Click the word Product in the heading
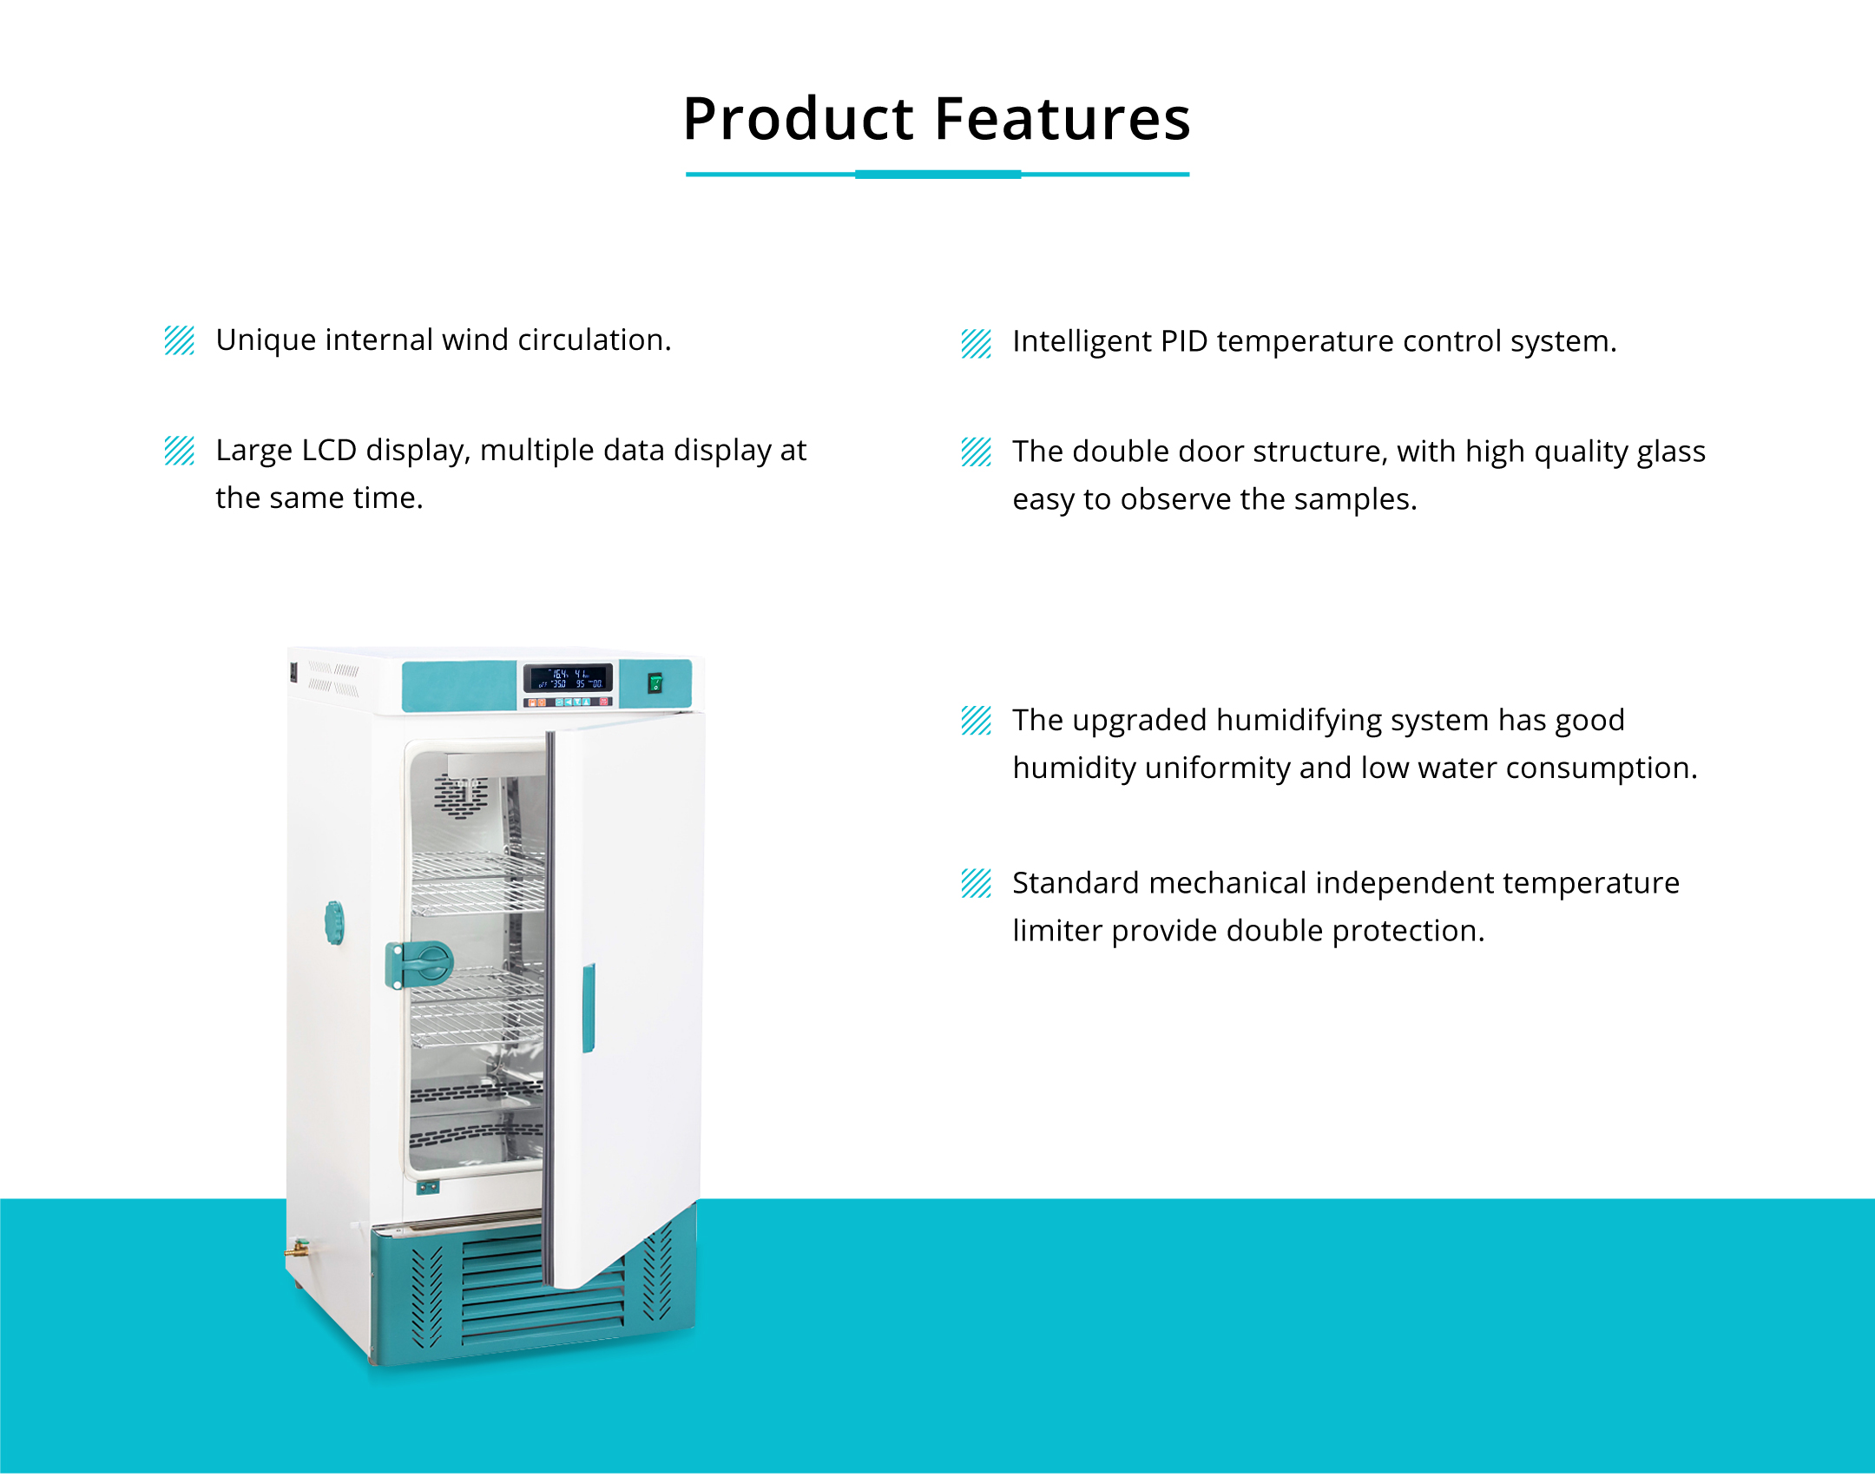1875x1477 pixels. [x=798, y=119]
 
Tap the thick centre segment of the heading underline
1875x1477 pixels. [x=937, y=175]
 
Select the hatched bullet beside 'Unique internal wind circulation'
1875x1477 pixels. [x=180, y=340]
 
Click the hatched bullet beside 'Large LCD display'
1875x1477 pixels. [x=180, y=451]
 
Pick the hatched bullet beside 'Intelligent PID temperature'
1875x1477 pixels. [x=977, y=344]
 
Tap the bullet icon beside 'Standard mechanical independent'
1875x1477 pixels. [x=977, y=883]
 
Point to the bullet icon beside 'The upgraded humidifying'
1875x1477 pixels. [x=977, y=721]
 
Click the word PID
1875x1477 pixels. [x=1184, y=341]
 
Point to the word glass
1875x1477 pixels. [x=1671, y=452]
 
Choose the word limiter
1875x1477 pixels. [x=1057, y=931]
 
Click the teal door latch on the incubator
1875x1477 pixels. [x=420, y=964]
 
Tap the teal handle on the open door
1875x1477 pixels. [x=589, y=1008]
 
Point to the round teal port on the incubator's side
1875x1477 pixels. [x=334, y=922]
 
